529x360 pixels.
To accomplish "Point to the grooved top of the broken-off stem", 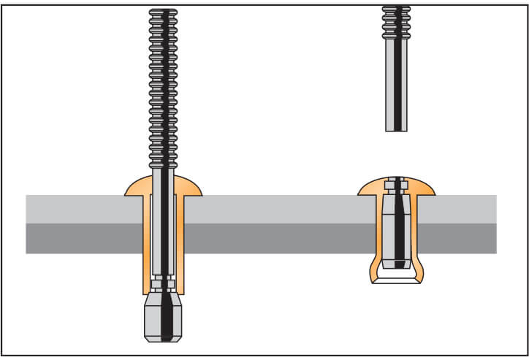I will point(396,22).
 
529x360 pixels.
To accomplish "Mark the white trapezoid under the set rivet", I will point(396,278).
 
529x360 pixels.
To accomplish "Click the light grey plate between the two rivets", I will point(278,209).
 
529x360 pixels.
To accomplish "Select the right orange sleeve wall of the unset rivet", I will point(180,241).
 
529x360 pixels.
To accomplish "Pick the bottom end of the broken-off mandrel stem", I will point(396,129).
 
